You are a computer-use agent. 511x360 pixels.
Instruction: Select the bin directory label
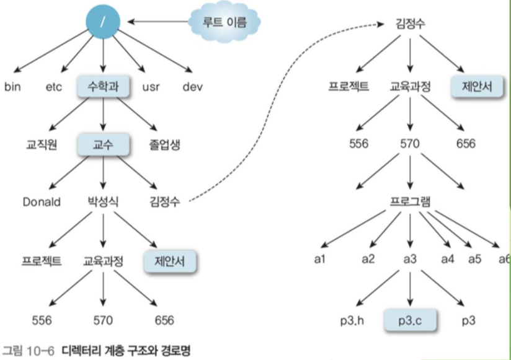pos(12,86)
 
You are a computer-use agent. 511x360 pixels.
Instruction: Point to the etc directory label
pos(54,86)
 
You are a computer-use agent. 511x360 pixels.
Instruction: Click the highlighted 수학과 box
pos(104,86)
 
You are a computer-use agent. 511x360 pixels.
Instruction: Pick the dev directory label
pos(193,86)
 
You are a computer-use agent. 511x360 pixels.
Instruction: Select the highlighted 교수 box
pos(102,145)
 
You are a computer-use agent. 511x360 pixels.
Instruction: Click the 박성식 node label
pos(102,202)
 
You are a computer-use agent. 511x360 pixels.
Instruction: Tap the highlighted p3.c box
pos(409,320)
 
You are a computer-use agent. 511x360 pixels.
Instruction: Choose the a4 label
pos(447,259)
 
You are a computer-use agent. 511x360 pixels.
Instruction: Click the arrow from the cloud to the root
pos(158,23)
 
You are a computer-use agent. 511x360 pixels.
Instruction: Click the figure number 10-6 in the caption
pos(42,351)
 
